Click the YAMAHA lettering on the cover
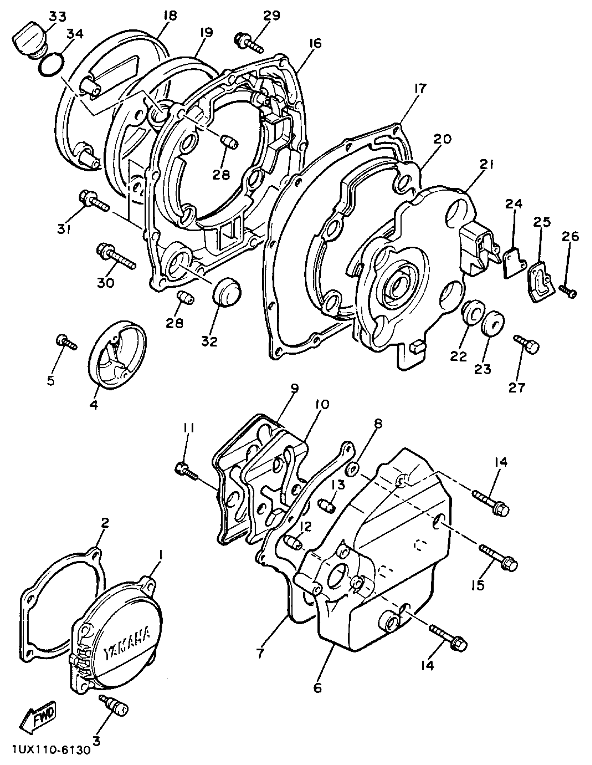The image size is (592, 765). pyautogui.click(x=127, y=642)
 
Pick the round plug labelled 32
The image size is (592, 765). pyautogui.click(x=227, y=289)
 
